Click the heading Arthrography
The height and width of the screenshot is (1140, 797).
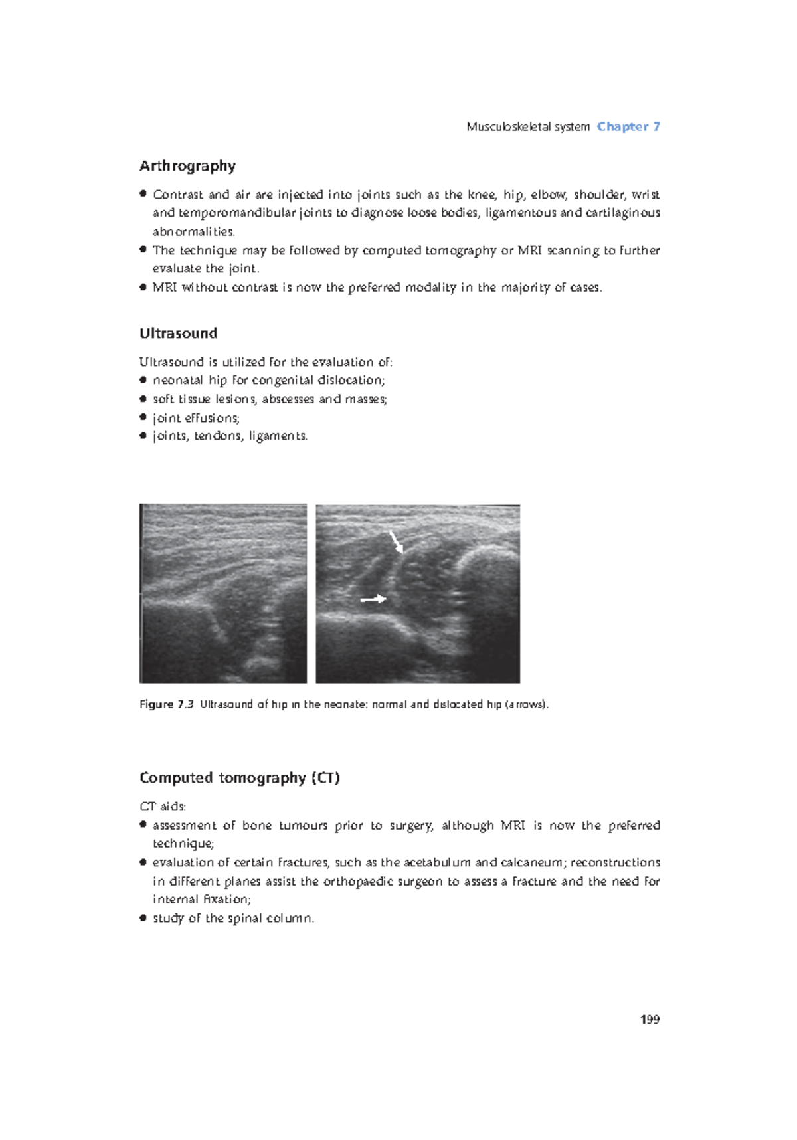(x=187, y=166)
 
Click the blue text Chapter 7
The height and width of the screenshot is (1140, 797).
(x=628, y=126)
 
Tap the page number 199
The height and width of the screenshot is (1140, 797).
(x=650, y=1019)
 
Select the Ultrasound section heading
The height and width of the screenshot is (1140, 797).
(x=178, y=333)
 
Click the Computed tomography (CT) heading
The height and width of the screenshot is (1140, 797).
(x=239, y=778)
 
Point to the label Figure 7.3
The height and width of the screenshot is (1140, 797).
(x=166, y=704)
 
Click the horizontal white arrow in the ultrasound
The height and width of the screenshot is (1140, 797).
(x=373, y=599)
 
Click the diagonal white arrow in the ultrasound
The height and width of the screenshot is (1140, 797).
(x=397, y=541)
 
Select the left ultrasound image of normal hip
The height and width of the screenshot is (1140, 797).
(x=223, y=593)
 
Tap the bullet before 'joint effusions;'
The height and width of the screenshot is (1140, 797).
(x=143, y=417)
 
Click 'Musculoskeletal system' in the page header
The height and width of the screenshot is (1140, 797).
(x=528, y=126)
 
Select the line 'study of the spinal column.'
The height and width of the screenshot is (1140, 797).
(x=233, y=918)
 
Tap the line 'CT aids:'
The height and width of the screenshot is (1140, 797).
(x=163, y=807)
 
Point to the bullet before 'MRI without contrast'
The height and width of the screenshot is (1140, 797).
(x=143, y=287)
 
